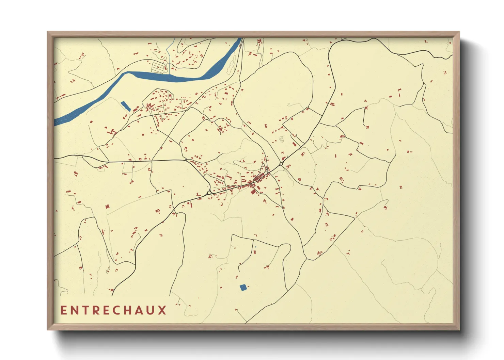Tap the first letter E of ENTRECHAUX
coord(64,310)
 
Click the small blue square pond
coord(243,288)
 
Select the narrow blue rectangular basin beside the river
coord(126,106)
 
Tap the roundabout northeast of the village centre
coord(281,164)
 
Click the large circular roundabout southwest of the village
coord(209,193)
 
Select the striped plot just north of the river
coord(159,67)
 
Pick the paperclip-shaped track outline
coord(281,139)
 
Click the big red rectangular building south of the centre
coord(253,192)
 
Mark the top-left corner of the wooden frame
coord(48,32)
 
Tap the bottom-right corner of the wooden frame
coord(459,329)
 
